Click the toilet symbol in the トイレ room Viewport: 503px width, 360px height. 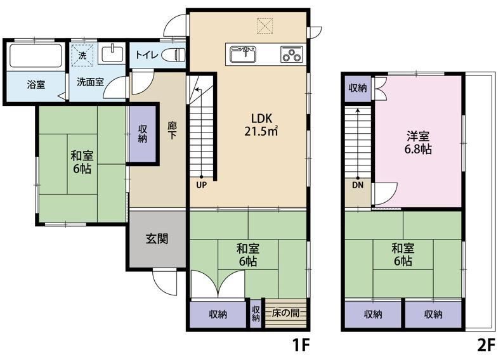(x=173, y=55)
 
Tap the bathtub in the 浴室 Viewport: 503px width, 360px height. (x=36, y=56)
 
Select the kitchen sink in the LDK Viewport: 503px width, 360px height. (x=243, y=54)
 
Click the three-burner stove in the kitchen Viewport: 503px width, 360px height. (x=291, y=54)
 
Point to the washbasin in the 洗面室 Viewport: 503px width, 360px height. (x=112, y=54)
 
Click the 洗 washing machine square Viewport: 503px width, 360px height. (x=82, y=55)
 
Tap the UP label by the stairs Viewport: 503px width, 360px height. (x=202, y=185)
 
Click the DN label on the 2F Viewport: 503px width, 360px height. (x=358, y=185)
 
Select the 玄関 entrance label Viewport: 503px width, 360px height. (x=157, y=238)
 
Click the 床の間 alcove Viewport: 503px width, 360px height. (x=286, y=313)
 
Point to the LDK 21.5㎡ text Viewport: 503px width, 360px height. (x=261, y=125)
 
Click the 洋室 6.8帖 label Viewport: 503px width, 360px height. (x=418, y=143)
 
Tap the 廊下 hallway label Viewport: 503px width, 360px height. (x=173, y=130)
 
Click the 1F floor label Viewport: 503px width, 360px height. (x=301, y=345)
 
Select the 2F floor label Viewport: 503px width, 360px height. (x=487, y=345)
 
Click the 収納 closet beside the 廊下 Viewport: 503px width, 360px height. (x=143, y=133)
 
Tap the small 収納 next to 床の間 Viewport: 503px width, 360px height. (x=256, y=313)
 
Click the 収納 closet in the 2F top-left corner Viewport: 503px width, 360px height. (x=358, y=88)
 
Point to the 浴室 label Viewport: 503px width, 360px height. (x=36, y=85)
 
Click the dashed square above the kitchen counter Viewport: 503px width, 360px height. (x=265, y=26)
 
